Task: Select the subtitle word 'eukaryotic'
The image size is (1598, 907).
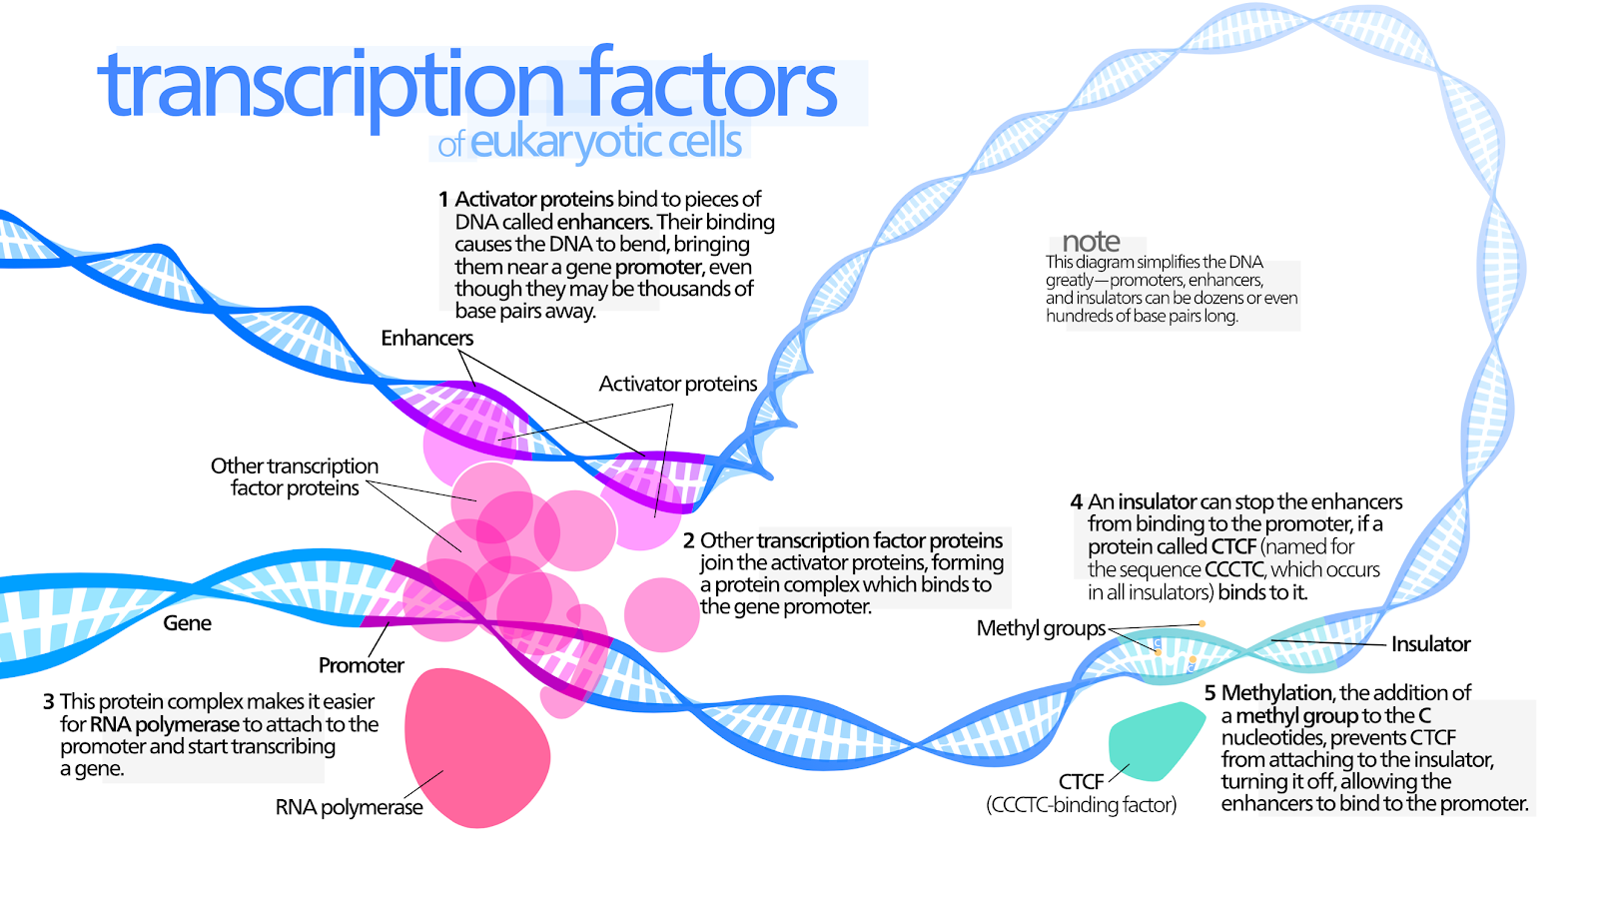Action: (x=565, y=142)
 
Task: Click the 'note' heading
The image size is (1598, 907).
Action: (x=1091, y=241)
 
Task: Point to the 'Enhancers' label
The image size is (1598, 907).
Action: (x=426, y=338)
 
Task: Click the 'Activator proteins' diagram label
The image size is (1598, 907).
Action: (x=677, y=384)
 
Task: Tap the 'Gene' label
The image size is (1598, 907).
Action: (x=187, y=623)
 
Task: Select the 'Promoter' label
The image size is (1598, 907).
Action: (x=361, y=665)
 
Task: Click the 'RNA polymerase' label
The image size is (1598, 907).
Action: (x=349, y=807)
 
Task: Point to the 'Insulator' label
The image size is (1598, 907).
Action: (x=1430, y=644)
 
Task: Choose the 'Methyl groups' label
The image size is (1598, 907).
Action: (x=1041, y=628)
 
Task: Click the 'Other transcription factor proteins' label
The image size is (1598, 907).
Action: (x=294, y=476)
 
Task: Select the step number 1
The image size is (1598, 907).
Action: (x=443, y=200)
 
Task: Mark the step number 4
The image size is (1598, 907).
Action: (x=1076, y=502)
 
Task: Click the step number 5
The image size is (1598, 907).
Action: (x=1209, y=693)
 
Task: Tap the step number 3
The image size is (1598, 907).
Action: (x=48, y=702)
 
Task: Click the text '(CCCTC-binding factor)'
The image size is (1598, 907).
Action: (x=1081, y=804)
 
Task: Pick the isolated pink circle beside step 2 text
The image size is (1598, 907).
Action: (x=661, y=614)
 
